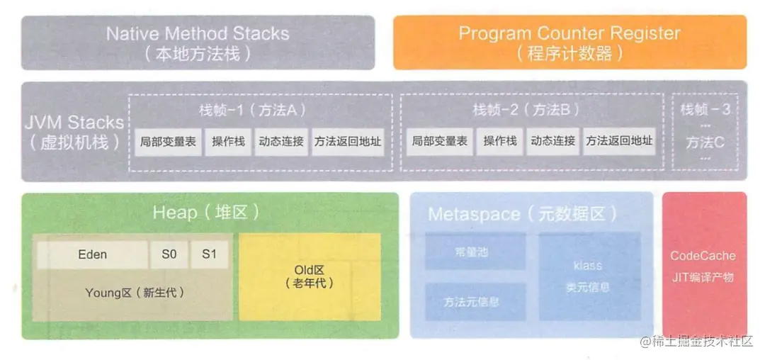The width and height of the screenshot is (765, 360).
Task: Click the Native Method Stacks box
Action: [x=198, y=43]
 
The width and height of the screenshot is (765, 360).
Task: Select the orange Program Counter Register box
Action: [x=569, y=43]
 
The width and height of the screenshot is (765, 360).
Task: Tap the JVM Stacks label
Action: [x=74, y=132]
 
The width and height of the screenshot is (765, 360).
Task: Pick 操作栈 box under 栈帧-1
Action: [x=228, y=142]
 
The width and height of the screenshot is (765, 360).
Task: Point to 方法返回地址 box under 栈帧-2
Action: [x=618, y=141]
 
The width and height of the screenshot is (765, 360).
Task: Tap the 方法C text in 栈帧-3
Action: [x=705, y=142]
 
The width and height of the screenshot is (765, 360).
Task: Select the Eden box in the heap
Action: [x=92, y=254]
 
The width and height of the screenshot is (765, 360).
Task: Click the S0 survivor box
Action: [x=169, y=254]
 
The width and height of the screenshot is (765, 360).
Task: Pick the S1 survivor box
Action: [x=209, y=254]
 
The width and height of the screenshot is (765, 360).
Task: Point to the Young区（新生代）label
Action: [x=135, y=292]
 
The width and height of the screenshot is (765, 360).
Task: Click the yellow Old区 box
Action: [x=310, y=276]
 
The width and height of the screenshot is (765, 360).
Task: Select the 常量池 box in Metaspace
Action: [x=475, y=252]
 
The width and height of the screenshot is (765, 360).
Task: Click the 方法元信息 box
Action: [x=475, y=302]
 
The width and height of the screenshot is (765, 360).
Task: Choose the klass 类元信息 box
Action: [x=589, y=276]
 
